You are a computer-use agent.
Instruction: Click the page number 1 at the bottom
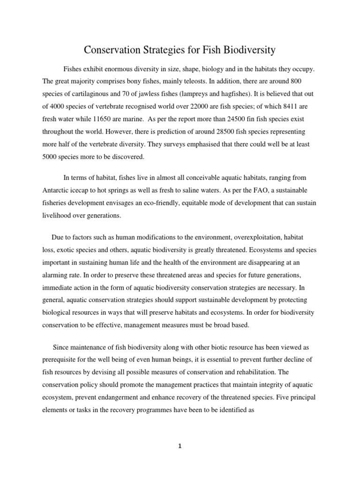180,446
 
